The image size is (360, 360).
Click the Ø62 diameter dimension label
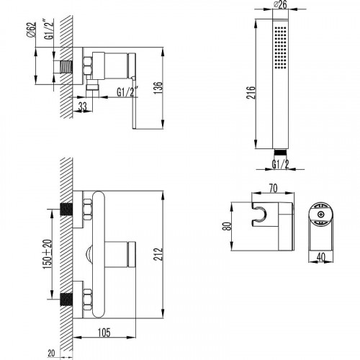[x=32, y=30]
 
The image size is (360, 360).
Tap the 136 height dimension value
[x=158, y=88]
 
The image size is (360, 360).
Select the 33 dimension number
[x=82, y=107]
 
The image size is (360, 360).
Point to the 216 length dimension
[x=251, y=92]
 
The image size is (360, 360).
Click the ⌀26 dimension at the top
[x=280, y=4]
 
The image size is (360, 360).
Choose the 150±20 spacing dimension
[x=48, y=254]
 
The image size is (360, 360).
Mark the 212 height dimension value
[x=158, y=254]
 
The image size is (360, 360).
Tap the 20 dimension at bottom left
[x=51, y=354]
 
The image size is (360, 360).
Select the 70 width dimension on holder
[x=273, y=188]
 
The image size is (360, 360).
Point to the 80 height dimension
[x=228, y=226]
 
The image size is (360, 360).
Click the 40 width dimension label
[x=321, y=257]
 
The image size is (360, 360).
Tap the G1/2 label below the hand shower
[x=280, y=164]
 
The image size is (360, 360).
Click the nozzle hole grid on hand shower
[x=280, y=48]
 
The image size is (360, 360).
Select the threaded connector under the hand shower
[x=280, y=152]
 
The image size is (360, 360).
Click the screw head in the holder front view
[x=320, y=215]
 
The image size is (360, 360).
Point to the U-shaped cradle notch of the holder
[x=258, y=214]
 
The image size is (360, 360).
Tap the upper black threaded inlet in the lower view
[x=66, y=210]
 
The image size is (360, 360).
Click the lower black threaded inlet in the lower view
[x=66, y=299]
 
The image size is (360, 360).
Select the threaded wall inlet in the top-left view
[x=66, y=67]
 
